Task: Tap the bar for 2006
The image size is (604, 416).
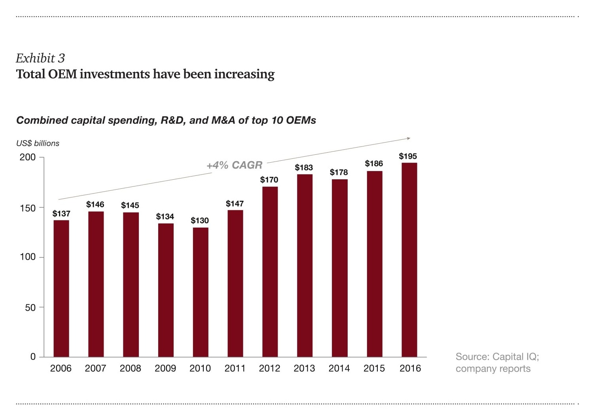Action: tap(61, 289)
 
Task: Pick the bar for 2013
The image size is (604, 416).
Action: tap(305, 266)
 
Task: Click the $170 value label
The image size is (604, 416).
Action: tap(269, 180)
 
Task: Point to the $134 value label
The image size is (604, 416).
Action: tap(165, 217)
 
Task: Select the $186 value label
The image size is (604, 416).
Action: tap(374, 163)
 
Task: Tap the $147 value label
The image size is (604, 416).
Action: tap(235, 204)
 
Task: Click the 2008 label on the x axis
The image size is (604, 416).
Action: tap(131, 369)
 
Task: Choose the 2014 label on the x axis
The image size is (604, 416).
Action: tap(339, 369)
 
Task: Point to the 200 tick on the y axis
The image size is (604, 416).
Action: tap(28, 157)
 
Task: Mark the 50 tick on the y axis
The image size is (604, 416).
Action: tap(30, 308)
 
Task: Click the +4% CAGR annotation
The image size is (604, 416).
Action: tap(235, 165)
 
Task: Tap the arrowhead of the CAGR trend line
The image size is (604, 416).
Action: tap(409, 138)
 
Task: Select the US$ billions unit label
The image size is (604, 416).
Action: tap(38, 143)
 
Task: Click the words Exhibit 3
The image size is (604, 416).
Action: tap(40, 58)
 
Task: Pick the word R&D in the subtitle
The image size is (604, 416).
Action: tap(173, 120)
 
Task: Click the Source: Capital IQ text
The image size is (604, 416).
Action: tap(497, 357)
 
